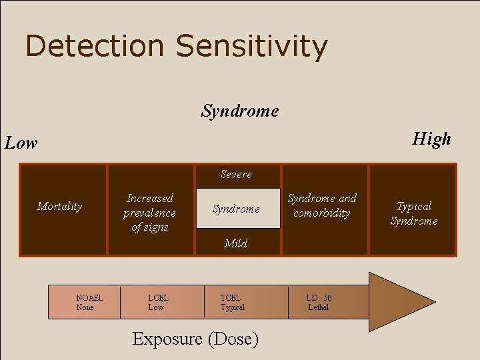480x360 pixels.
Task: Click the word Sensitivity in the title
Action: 252,47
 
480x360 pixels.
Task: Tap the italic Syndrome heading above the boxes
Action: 240,111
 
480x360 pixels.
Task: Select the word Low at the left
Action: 21,143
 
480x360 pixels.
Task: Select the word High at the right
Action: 431,139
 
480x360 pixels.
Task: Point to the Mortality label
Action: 60,206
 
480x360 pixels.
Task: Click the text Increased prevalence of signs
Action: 150,213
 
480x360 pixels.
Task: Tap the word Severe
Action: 236,175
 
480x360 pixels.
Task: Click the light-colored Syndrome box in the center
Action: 237,209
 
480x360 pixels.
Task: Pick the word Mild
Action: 236,243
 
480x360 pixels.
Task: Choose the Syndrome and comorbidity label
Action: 322,205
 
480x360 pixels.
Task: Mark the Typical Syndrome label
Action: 414,213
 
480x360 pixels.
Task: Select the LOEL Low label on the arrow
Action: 158,302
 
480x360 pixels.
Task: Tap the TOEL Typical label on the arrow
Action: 232,302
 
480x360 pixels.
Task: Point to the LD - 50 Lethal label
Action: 319,302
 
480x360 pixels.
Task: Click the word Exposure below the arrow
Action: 167,339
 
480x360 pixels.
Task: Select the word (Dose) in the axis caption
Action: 233,339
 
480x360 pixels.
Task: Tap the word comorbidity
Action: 322,213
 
